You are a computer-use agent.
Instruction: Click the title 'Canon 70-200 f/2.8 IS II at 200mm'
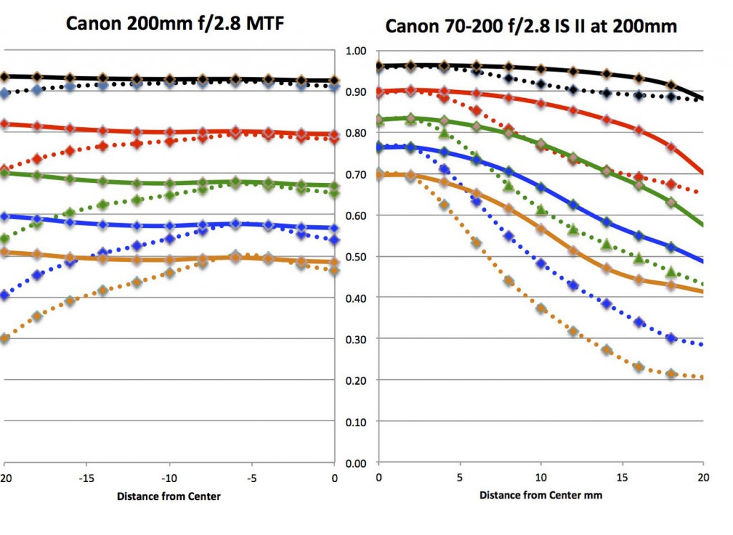tap(532, 26)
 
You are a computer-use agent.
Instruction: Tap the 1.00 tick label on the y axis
tap(356, 51)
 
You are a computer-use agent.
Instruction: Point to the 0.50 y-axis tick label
tap(356, 257)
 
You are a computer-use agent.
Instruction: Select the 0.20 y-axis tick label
tap(356, 381)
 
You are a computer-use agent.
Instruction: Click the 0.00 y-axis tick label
tap(356, 463)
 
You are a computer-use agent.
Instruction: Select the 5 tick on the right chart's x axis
tap(460, 476)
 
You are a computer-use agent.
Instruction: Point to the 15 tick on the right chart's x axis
tap(622, 476)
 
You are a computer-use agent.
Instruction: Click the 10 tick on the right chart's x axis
tap(541, 476)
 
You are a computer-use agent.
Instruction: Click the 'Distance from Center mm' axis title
tap(540, 495)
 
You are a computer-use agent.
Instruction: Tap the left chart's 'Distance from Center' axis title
tap(170, 496)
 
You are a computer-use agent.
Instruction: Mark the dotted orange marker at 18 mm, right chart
tap(671, 373)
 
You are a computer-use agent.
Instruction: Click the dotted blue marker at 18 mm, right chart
tap(671, 338)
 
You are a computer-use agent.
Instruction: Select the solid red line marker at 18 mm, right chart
tap(671, 147)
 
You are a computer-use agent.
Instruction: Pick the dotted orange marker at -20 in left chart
tap(5, 338)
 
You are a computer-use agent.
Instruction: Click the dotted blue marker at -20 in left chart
tap(5, 295)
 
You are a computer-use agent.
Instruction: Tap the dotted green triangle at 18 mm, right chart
tap(671, 273)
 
